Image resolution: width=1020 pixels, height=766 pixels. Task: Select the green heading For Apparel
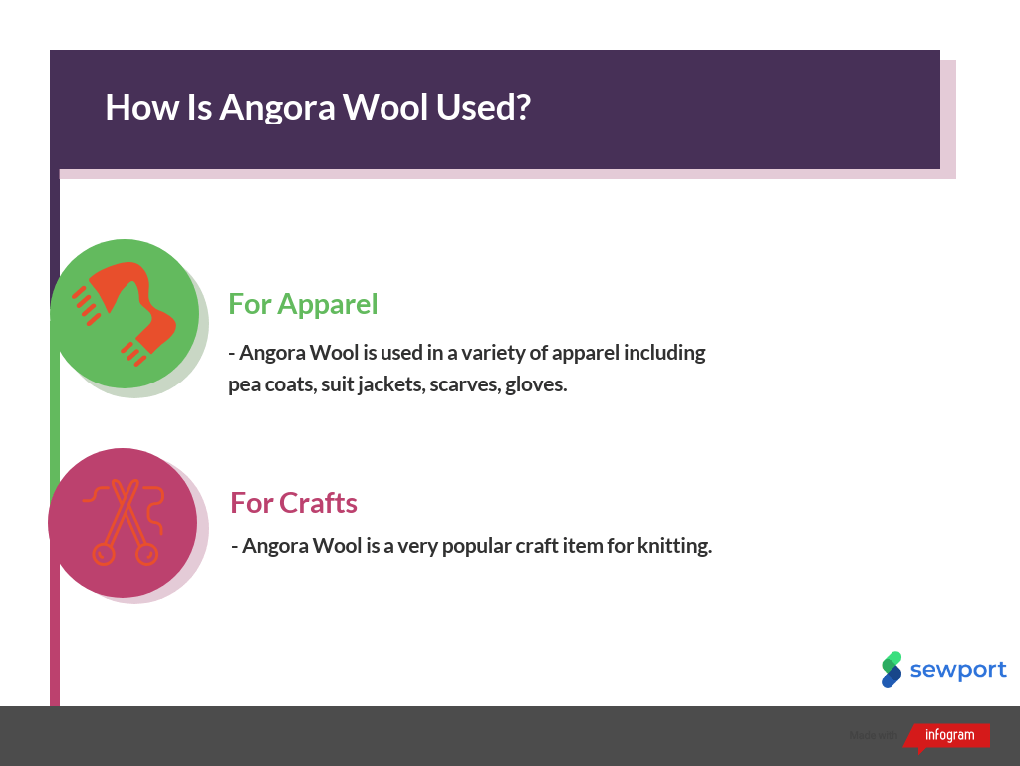coord(303,303)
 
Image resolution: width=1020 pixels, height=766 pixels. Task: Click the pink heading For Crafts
coord(294,503)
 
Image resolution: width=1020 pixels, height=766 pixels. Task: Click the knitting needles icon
coord(124,523)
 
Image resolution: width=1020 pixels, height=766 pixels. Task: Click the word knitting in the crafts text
coord(674,546)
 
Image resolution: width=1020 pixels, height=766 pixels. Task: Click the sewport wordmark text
coord(958,670)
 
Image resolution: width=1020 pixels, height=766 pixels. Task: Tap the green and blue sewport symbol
coord(892,669)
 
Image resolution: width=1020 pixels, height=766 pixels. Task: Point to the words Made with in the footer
coord(874,736)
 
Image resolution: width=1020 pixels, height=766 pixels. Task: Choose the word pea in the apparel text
coord(244,385)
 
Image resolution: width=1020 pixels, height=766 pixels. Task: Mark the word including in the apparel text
coord(664,353)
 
